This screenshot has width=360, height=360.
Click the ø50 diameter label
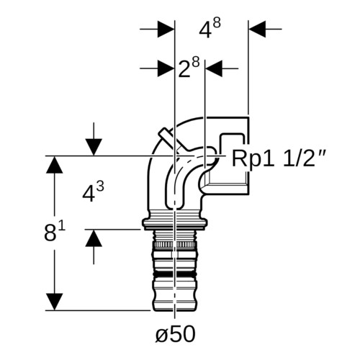coord(176,334)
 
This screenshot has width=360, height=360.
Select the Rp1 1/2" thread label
coord(279,158)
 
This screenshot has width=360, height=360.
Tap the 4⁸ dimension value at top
coord(210,29)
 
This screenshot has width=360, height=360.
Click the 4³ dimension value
coord(93,192)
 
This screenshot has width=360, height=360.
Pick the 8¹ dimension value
coord(55,231)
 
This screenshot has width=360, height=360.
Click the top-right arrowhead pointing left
coord(257,29)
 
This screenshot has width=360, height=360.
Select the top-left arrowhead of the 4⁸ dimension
coord(166,29)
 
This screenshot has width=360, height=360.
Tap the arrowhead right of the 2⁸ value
coord(214,68)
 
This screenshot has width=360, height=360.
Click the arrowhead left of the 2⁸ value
coord(166,68)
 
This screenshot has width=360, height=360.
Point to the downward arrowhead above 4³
coord(94,147)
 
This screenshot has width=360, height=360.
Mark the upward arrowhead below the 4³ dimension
coord(94,238)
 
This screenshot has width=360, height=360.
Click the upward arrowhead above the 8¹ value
coord(55,165)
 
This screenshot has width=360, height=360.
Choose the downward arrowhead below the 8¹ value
coord(55,302)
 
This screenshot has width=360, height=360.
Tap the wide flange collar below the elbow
coord(174,222)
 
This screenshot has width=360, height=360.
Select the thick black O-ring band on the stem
coord(175,274)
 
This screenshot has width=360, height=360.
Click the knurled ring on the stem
coord(175,245)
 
